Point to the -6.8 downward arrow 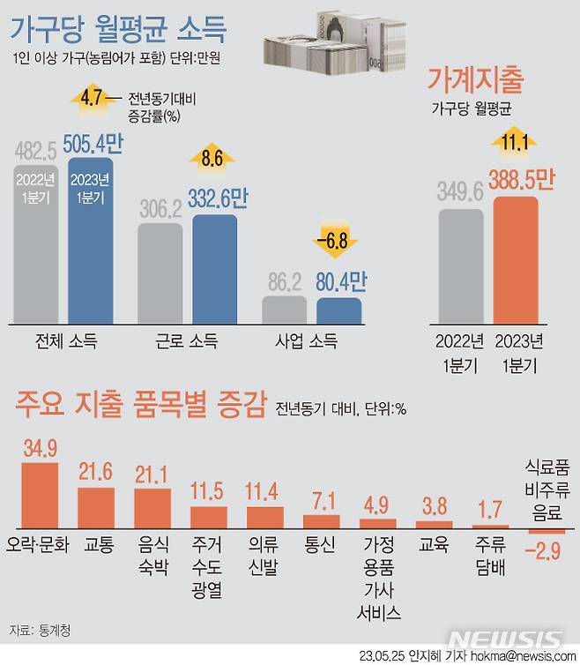coord(338,241)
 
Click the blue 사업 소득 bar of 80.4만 coord(338,310)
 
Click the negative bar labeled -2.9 coord(547,532)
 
